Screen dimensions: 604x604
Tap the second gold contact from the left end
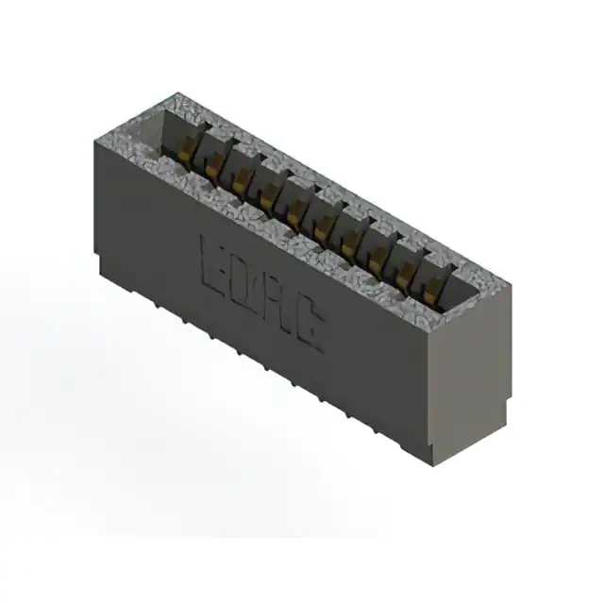[216, 162]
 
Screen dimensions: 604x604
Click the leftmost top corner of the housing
[95, 141]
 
